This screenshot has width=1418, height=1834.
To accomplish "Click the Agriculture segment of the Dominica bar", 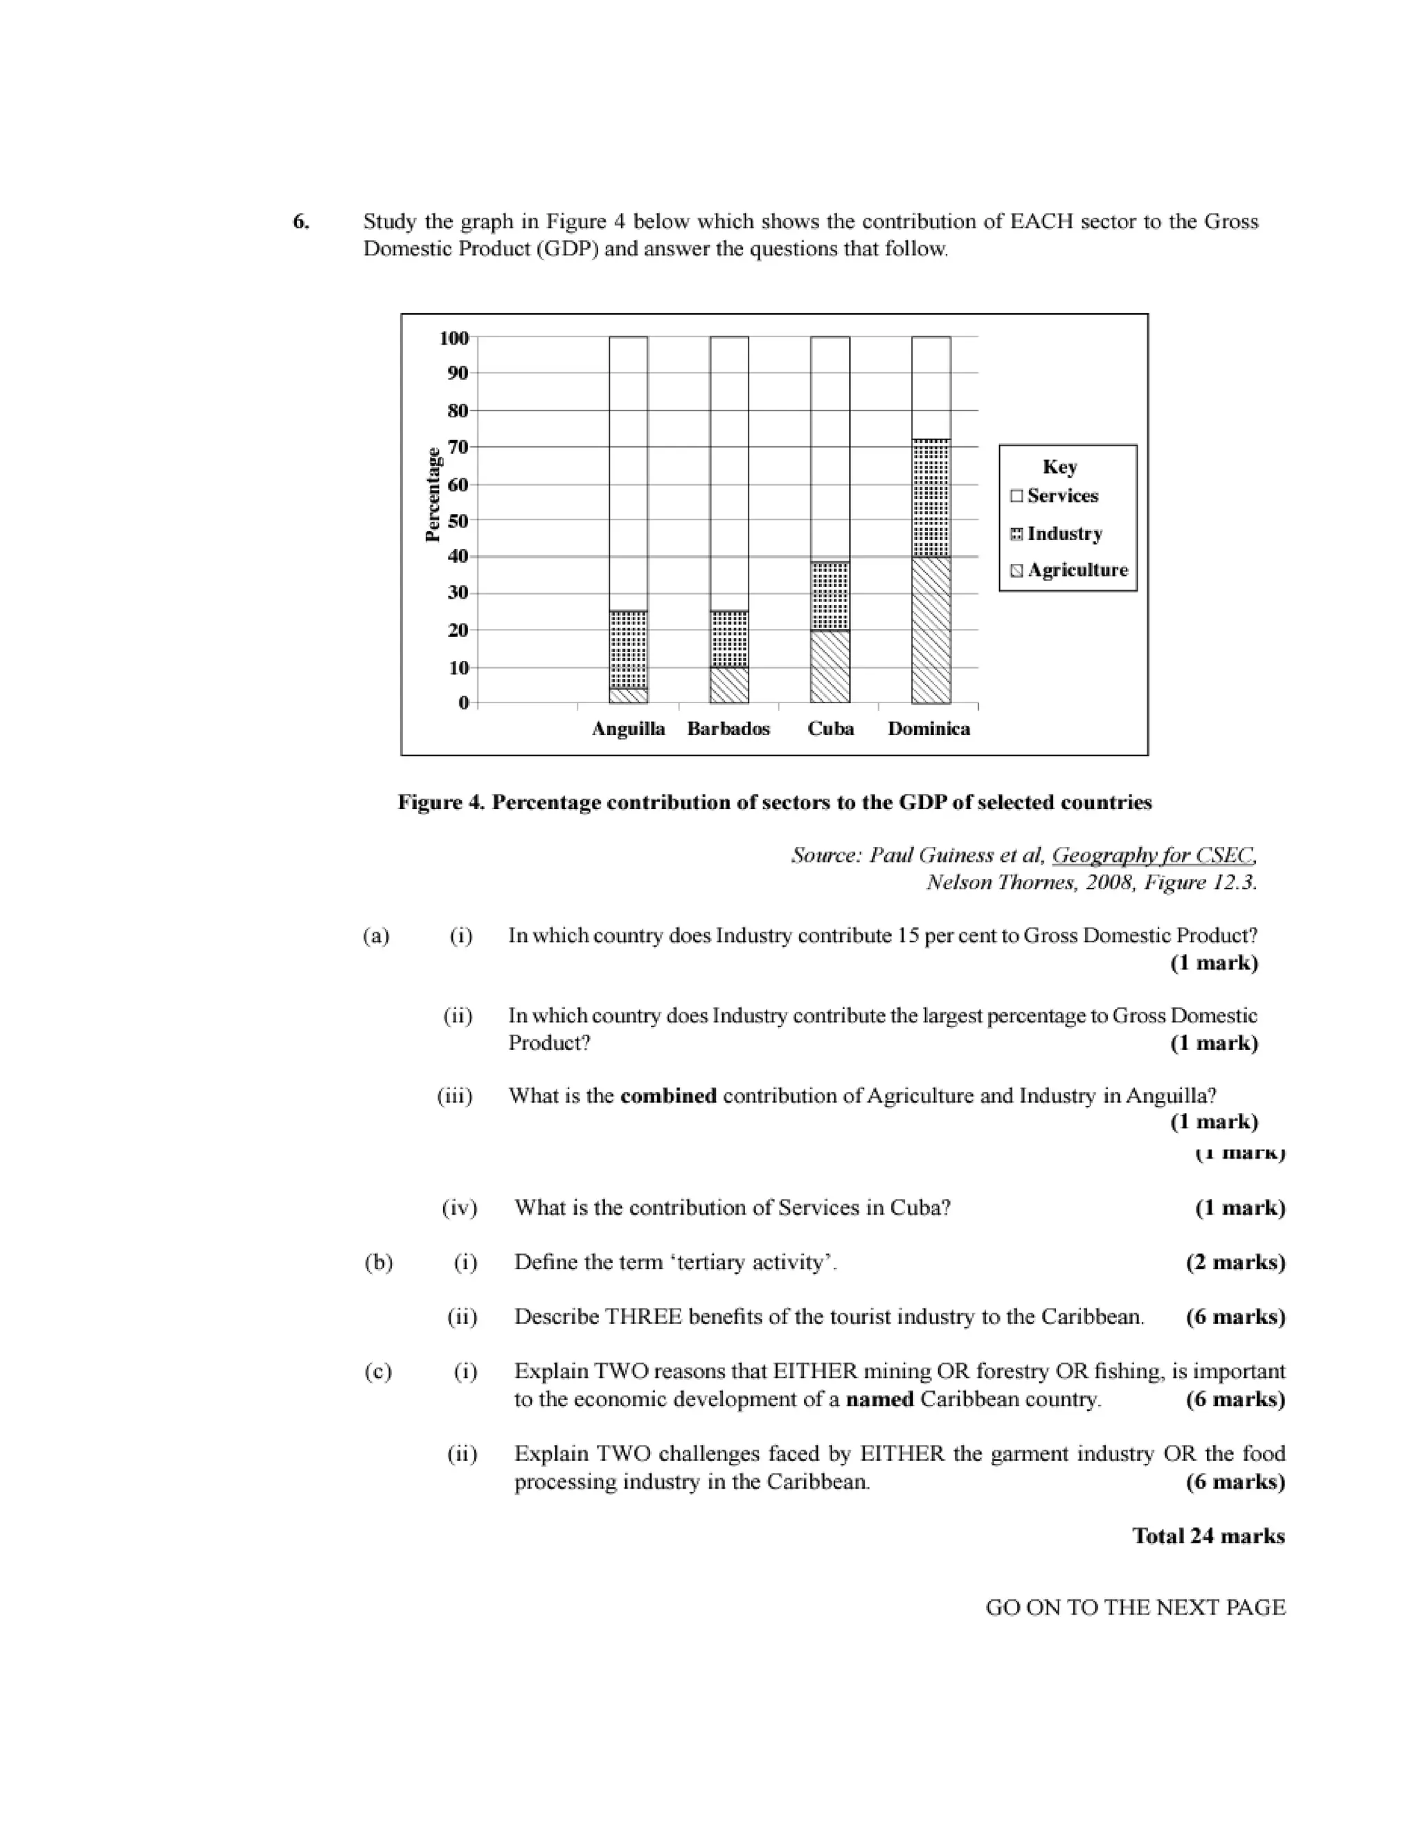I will point(931,629).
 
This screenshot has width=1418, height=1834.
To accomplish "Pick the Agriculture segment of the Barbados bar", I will point(728,684).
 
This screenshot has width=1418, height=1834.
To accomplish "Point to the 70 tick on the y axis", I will point(457,447).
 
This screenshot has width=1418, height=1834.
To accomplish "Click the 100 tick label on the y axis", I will point(454,338).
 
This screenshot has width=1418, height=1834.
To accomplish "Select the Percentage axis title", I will point(433,495).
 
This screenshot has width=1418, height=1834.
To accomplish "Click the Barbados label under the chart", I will point(728,729).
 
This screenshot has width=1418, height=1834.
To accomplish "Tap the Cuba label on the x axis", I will point(830,729).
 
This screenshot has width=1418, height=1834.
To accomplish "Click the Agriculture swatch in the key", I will point(1016,571).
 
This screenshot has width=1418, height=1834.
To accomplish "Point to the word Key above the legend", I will point(1059,467).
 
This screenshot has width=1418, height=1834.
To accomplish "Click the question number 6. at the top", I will point(300,221).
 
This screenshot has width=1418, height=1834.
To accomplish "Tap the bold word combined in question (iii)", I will point(668,1096).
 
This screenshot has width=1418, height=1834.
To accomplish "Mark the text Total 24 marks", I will point(1208,1536).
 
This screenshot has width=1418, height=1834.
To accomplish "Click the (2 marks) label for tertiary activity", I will point(1235,1262).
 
